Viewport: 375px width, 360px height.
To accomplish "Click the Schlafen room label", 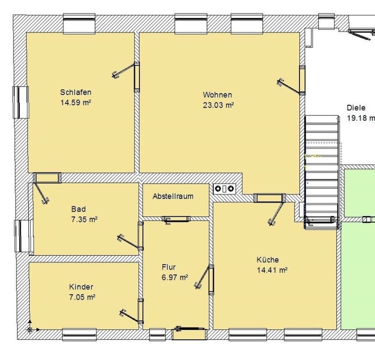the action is click(75, 92).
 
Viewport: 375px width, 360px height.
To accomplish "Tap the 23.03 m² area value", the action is click(218, 105).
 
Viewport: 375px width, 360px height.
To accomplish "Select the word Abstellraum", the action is click(173, 196).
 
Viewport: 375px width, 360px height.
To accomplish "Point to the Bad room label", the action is click(79, 209).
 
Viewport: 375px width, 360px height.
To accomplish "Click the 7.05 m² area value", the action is click(82, 297).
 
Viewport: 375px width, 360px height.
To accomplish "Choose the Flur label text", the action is click(169, 267).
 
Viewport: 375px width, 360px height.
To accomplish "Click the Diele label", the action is click(356, 107).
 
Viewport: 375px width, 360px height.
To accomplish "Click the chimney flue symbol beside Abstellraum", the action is click(224, 189).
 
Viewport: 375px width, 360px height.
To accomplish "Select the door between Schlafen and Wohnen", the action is click(126, 76).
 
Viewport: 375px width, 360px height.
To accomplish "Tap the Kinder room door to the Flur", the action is click(131, 311).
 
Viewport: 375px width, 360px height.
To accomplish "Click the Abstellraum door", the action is click(176, 220).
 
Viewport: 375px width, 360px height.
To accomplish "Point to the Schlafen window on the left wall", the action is click(21, 102).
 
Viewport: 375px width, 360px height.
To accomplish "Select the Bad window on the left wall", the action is click(24, 236).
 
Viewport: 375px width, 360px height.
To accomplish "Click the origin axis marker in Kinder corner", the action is click(30, 329).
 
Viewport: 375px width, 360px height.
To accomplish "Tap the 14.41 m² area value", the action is click(272, 270).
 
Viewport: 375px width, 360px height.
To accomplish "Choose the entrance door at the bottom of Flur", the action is click(189, 332).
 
